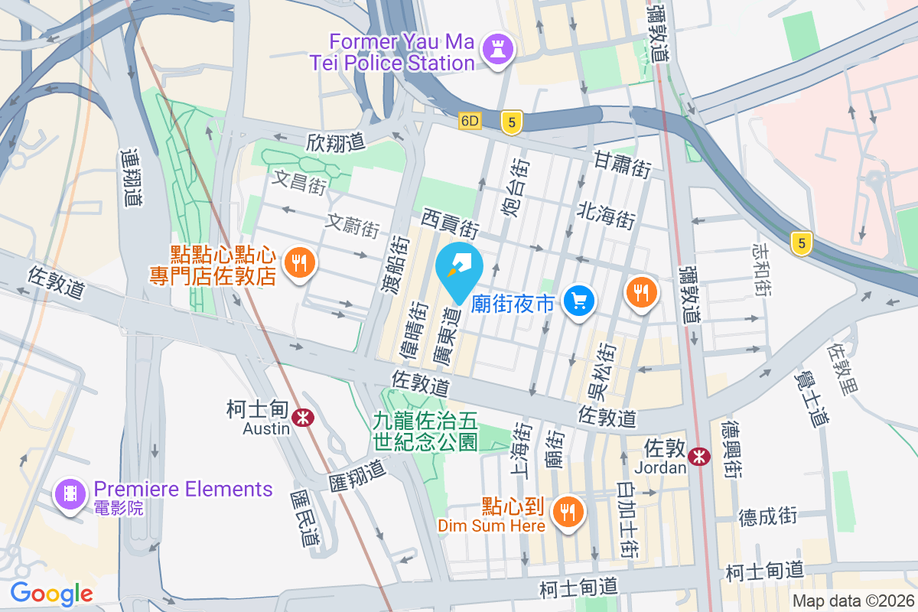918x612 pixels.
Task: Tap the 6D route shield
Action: click(x=470, y=121)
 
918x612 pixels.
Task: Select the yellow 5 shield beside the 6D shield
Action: click(x=512, y=121)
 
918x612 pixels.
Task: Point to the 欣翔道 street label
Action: click(x=336, y=142)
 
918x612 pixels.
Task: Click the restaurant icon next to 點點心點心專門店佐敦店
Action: click(x=296, y=264)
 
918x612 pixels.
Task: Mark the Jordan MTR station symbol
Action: click(x=698, y=456)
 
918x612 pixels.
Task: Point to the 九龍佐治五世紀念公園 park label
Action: click(x=425, y=430)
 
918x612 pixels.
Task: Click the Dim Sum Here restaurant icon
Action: click(x=567, y=510)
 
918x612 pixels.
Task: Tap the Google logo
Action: click(x=51, y=593)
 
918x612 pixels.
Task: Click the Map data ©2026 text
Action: click(x=853, y=601)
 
